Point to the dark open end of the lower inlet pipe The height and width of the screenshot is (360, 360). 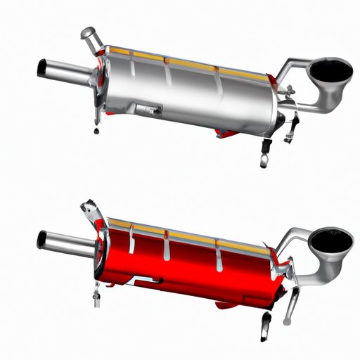coord(41,240)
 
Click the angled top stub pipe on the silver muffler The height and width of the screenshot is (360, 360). coord(91,39)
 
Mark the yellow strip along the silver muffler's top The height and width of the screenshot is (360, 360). coord(176,61)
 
